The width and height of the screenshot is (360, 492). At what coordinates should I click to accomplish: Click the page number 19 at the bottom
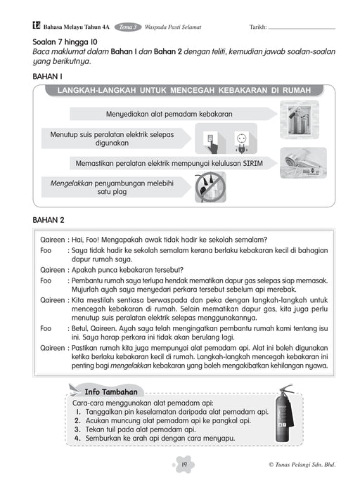[180, 465]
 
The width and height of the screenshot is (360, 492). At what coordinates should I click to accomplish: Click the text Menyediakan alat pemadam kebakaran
[169, 113]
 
